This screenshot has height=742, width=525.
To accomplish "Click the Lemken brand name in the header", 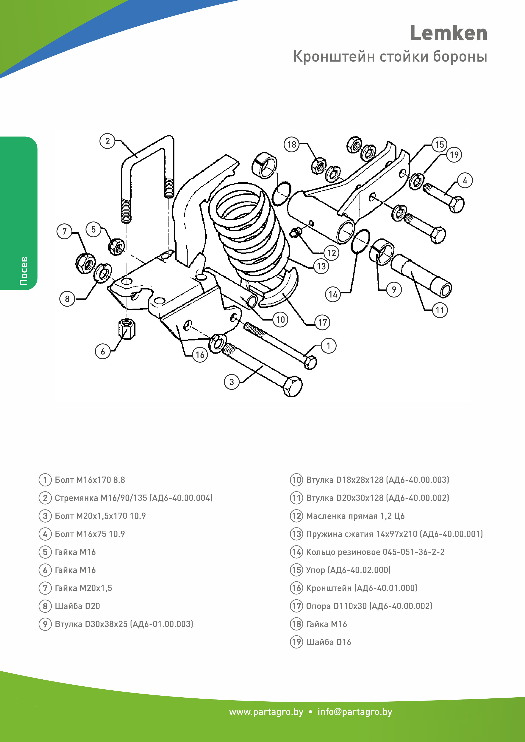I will coord(448,33).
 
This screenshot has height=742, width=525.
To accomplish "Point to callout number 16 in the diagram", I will coord(200,355).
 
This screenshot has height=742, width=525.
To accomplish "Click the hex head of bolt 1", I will coord(310,363).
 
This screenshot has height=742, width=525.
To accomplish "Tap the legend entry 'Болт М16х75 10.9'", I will coord(90,534).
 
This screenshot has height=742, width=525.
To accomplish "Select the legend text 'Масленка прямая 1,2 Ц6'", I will coord(355,516).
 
